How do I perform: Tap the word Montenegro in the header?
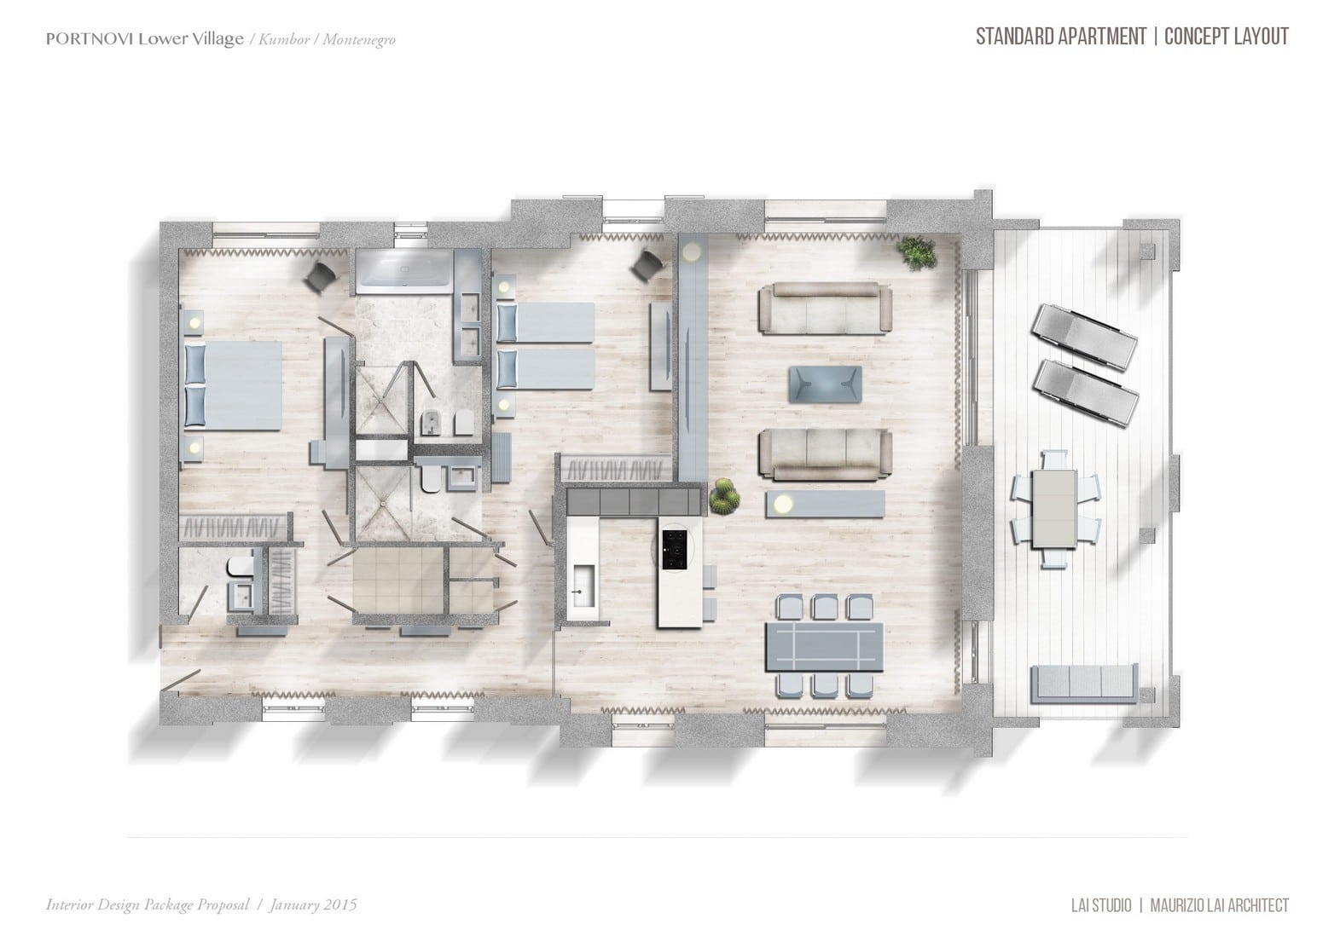click(359, 40)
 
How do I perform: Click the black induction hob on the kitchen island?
click(675, 550)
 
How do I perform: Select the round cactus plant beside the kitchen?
click(724, 495)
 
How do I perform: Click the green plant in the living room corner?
click(916, 253)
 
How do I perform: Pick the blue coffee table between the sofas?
click(826, 384)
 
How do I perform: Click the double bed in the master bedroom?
click(234, 385)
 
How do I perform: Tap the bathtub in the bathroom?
click(403, 272)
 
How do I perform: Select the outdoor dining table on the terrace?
click(1054, 509)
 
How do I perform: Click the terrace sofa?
click(1084, 683)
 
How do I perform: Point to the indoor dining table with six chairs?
click(824, 646)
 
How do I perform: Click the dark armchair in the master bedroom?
click(322, 275)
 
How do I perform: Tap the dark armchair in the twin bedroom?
click(647, 264)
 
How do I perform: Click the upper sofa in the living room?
click(826, 308)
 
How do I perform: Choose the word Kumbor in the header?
click(284, 40)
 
